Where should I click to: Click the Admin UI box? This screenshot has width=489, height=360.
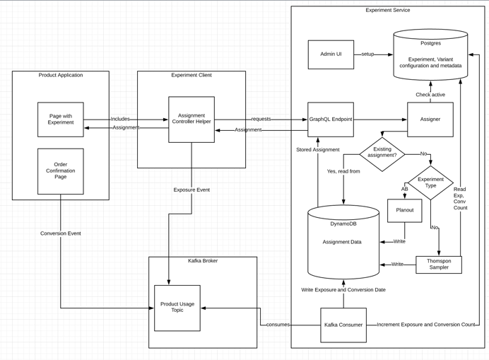[x=331, y=54]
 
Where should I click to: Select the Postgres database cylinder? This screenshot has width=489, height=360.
[x=430, y=54]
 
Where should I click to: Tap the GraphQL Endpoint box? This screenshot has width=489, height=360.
[x=331, y=120]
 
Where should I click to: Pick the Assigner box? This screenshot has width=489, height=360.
[x=430, y=120]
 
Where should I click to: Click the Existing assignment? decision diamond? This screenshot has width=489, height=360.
[x=382, y=154]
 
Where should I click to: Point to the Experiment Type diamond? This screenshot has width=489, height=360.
[x=430, y=183]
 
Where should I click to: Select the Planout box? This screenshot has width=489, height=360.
[x=405, y=211]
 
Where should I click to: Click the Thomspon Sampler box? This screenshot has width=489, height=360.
[x=439, y=265]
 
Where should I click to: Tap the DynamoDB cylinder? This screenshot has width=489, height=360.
[x=343, y=242]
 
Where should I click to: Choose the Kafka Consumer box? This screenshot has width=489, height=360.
[x=343, y=325]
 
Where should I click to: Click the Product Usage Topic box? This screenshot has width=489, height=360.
[x=177, y=308]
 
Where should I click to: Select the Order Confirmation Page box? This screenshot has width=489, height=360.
[x=61, y=171]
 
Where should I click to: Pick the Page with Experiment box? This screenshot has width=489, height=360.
[x=61, y=120]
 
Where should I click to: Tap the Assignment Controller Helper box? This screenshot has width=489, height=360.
[x=192, y=120]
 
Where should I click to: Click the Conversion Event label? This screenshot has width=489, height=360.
[x=61, y=233]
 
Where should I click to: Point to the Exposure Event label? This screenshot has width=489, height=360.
[x=192, y=190]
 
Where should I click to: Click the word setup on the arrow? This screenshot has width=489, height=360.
[x=367, y=54]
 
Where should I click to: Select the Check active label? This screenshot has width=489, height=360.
[x=430, y=95]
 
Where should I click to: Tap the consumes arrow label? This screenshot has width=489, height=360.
[x=278, y=325]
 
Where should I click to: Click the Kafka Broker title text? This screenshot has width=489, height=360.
[x=203, y=261]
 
